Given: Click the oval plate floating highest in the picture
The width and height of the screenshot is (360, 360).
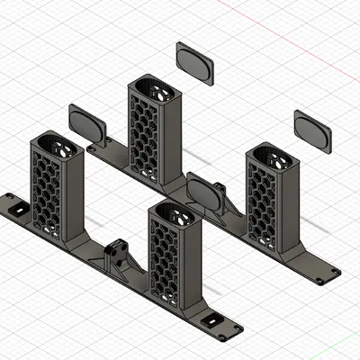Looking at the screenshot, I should (x=194, y=64).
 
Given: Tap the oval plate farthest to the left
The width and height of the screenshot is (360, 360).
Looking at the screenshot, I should (x=87, y=122).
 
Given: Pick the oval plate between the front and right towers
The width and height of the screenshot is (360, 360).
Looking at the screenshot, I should (x=206, y=193).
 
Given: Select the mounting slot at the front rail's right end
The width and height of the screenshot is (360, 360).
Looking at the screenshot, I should (x=214, y=321).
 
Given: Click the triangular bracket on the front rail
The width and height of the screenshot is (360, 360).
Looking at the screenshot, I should (x=117, y=257).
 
